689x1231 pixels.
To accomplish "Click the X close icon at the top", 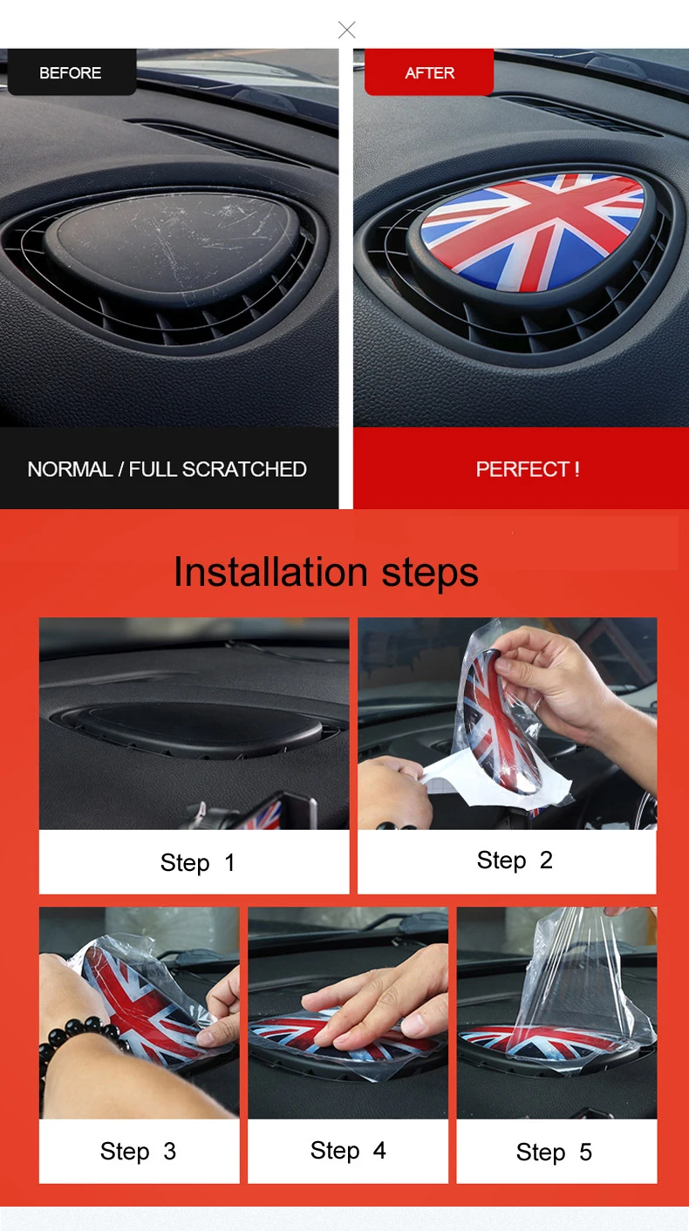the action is click(x=347, y=30).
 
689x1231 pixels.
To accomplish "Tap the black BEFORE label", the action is click(x=72, y=72).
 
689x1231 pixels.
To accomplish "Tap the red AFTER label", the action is click(x=429, y=72).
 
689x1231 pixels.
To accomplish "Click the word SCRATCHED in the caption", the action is click(x=244, y=469).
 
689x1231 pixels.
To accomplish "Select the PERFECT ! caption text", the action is click(x=528, y=469).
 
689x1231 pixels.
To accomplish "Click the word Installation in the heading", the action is click(x=270, y=572).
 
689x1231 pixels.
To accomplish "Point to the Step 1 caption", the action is click(x=197, y=862).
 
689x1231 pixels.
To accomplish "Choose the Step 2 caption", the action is click(x=515, y=860).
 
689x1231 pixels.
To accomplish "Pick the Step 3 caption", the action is click(x=138, y=1151).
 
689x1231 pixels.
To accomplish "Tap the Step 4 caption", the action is click(x=348, y=1150).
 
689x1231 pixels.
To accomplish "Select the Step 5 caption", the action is click(x=554, y=1152).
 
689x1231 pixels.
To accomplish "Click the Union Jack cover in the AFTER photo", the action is click(x=532, y=231).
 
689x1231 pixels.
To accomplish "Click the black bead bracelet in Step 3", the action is click(x=72, y=1038).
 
